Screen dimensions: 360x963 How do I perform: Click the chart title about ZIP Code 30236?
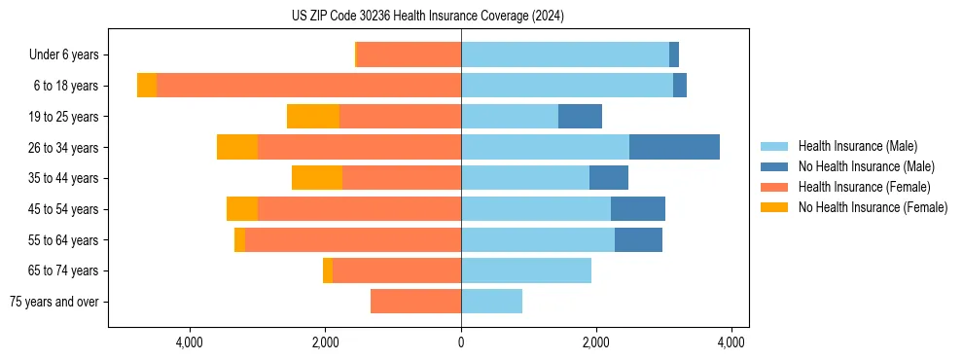[427, 17]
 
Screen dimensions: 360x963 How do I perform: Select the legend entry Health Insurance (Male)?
[857, 146]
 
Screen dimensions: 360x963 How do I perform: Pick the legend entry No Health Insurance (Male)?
[866, 166]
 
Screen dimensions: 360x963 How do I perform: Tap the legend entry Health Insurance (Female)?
[864, 187]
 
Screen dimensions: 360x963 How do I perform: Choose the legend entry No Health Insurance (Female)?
[873, 207]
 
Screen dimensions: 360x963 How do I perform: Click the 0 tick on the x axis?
[461, 342]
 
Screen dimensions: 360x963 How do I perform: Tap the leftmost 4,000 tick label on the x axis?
[189, 342]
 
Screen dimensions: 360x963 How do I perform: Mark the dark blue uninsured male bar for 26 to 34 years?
[674, 147]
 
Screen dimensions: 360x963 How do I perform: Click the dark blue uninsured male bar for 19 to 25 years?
[580, 117]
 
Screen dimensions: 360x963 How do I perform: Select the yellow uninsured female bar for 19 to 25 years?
[313, 117]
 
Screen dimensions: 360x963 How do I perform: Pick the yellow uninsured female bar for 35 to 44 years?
[317, 178]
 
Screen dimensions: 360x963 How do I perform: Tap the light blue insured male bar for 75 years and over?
[491, 302]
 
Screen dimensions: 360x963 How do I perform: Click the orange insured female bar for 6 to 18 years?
[308, 86]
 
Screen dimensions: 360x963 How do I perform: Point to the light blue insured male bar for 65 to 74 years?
[526, 270]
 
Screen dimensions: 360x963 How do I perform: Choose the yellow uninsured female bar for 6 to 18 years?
[147, 86]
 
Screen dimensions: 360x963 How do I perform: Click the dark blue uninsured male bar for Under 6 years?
[674, 54]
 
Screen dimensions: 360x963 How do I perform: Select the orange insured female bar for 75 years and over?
[415, 302]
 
